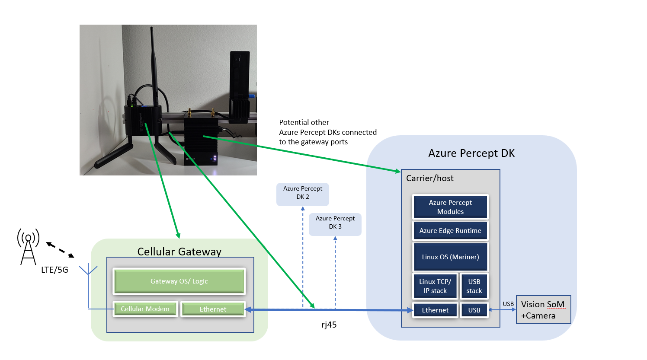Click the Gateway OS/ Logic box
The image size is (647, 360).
coord(179,281)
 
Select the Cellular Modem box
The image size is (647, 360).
coord(145,309)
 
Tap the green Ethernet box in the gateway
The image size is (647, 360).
coord(213,309)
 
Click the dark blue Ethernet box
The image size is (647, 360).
coord(435,310)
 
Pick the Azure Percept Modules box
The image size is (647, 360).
coord(450,207)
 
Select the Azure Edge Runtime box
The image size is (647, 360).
coord(450,231)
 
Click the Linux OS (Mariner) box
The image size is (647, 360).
coord(450,257)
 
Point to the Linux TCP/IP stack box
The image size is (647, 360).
coord(435,286)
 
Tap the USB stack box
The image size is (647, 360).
coord(474,286)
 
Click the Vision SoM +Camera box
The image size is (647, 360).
coord(543,310)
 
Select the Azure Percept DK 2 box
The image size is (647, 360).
coord(303,194)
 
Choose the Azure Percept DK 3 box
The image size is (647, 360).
coord(335,224)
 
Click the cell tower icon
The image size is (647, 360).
coord(28,247)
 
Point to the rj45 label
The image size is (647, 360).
coord(329,325)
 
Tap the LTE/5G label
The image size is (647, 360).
coord(54,270)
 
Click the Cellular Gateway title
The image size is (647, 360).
coord(179,252)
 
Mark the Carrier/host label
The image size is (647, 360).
coord(430,178)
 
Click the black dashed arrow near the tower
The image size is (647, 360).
coord(60,250)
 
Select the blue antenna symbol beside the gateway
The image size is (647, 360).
coord(88,287)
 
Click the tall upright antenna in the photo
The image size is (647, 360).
coord(154,67)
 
